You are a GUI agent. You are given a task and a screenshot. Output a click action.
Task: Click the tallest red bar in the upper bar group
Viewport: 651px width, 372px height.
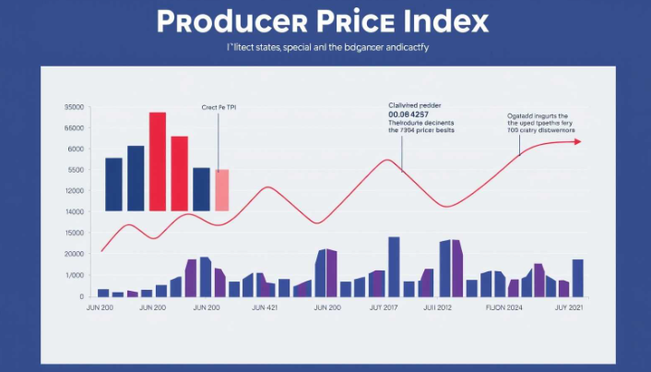[x=158, y=162]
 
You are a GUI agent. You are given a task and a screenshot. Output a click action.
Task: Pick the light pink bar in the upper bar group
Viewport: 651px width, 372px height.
[x=222, y=189]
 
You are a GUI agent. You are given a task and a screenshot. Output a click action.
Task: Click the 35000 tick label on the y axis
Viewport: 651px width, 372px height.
[x=75, y=107]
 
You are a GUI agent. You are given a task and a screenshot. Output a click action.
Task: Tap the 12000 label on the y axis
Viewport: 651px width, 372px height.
[x=75, y=191]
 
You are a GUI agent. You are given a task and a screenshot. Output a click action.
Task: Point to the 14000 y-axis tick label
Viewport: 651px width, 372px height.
[x=75, y=212]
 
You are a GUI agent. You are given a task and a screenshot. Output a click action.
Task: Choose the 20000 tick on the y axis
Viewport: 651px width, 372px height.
[x=75, y=255]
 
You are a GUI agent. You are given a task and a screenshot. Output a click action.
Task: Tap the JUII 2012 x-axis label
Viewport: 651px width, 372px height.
[x=437, y=307]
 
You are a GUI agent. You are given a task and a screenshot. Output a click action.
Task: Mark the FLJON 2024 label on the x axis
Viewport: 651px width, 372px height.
[x=504, y=307]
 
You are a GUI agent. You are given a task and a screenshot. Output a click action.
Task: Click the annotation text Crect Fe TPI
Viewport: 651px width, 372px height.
[x=218, y=108]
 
